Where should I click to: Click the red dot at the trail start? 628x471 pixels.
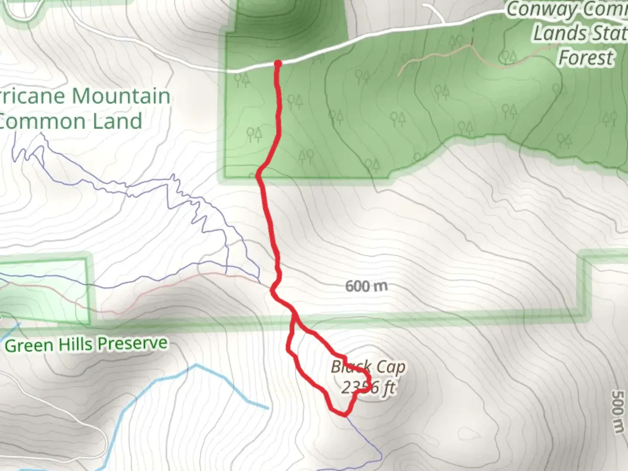tap(278, 64)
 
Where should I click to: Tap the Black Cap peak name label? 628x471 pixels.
tap(369, 367)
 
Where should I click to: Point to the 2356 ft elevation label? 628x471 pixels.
tap(369, 387)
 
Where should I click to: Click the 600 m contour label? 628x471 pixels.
tap(366, 286)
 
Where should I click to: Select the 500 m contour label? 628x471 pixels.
tap(618, 412)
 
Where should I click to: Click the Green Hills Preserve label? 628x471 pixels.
tap(86, 344)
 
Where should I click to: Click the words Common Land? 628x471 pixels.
tap(71, 121)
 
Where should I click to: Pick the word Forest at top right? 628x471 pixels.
tap(586, 58)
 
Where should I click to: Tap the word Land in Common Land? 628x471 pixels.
tap(121, 121)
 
